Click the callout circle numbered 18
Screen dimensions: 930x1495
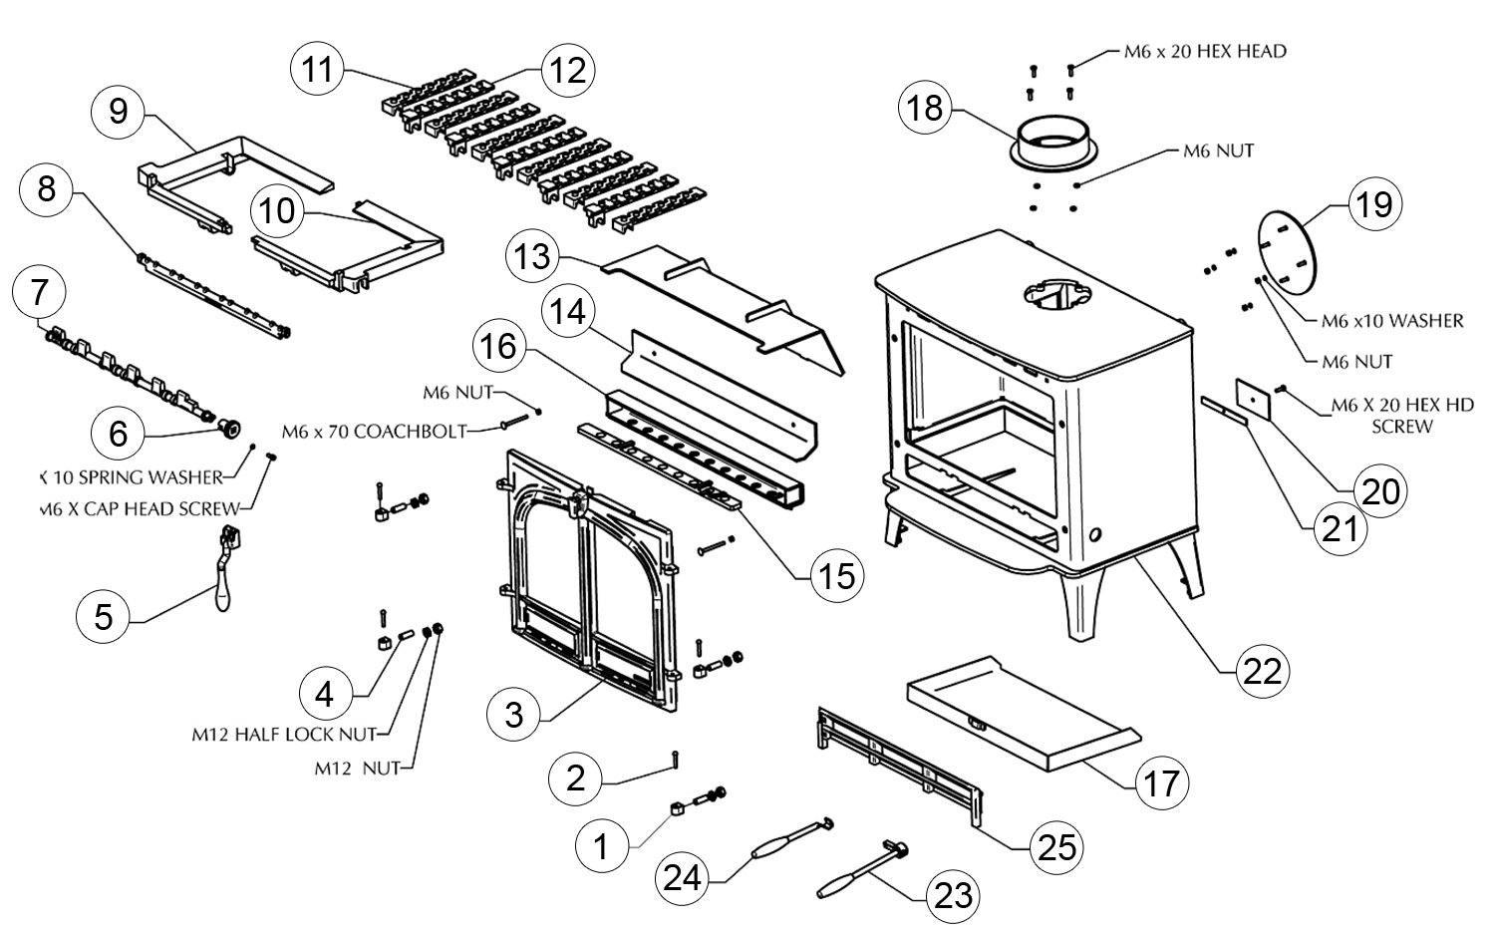pyautogui.click(x=925, y=108)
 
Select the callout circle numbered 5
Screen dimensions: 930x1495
pyautogui.click(x=104, y=618)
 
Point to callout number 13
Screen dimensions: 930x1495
pyautogui.click(x=532, y=258)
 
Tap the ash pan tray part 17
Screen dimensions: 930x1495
pyautogui.click(x=1017, y=714)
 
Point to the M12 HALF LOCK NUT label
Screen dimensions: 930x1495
pyautogui.click(x=283, y=735)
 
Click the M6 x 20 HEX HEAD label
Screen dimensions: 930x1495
pyautogui.click(x=1204, y=51)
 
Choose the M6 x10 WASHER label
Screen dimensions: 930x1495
pyautogui.click(x=1391, y=321)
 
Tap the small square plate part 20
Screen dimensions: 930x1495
pyautogui.click(x=1253, y=398)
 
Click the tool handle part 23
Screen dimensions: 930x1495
pyautogui.click(x=847, y=878)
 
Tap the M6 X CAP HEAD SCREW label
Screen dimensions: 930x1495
pyautogui.click(x=141, y=509)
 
